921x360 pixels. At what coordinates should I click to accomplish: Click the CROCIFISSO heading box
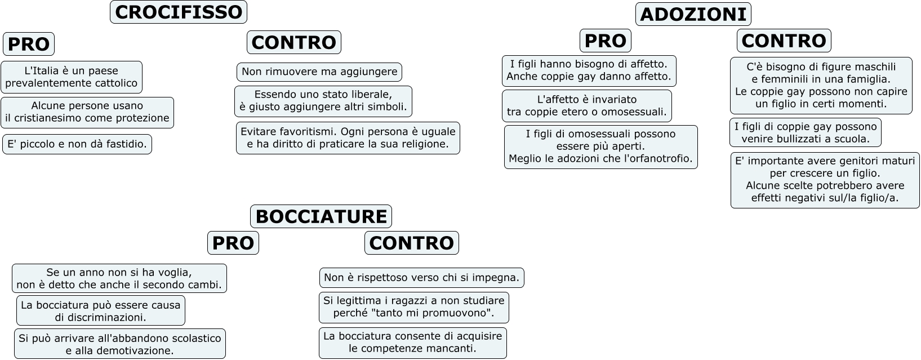[178, 12]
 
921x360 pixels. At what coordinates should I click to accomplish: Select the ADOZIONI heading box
[693, 14]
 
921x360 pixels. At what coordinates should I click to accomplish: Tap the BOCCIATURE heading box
[321, 216]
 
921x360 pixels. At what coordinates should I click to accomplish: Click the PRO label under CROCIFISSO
[29, 44]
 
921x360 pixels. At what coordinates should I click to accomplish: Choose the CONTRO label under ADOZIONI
[784, 41]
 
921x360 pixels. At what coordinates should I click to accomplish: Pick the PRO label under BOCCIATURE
[233, 243]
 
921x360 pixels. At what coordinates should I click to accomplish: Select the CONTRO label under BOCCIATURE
[411, 243]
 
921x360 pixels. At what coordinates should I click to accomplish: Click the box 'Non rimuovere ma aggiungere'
[319, 72]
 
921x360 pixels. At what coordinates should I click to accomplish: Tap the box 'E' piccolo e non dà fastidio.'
[77, 144]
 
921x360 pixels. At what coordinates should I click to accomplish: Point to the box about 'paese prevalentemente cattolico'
[72, 77]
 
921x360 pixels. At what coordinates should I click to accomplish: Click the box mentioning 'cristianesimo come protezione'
[87, 112]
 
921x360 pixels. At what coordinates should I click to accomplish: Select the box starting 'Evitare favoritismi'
[348, 138]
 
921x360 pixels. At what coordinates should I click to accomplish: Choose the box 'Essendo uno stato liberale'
[323, 101]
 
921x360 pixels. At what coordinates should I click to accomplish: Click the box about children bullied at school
[805, 132]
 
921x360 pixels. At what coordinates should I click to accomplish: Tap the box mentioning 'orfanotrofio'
[600, 146]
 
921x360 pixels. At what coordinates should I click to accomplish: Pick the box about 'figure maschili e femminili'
[821, 85]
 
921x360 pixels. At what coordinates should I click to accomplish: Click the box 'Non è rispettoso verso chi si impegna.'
[421, 278]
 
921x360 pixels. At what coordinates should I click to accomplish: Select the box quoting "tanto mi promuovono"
[413, 307]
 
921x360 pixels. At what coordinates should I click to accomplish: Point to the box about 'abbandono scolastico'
[119, 344]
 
